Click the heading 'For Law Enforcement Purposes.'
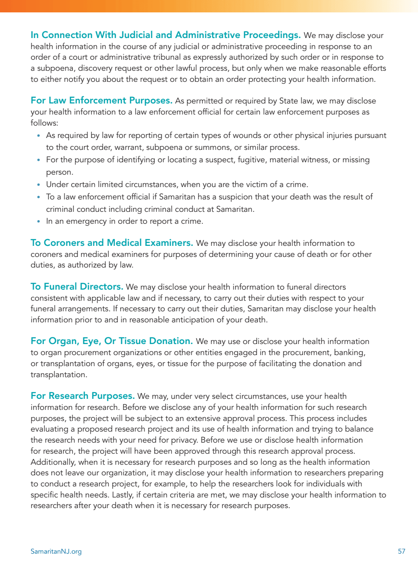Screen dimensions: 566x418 101,101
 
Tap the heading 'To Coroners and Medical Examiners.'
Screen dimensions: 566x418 111,243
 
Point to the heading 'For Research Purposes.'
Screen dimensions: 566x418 83,395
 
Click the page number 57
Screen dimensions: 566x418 401,551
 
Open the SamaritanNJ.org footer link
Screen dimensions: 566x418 56,551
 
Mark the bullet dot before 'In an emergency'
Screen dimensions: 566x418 39,222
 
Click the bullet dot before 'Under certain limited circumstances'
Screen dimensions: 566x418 39,185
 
